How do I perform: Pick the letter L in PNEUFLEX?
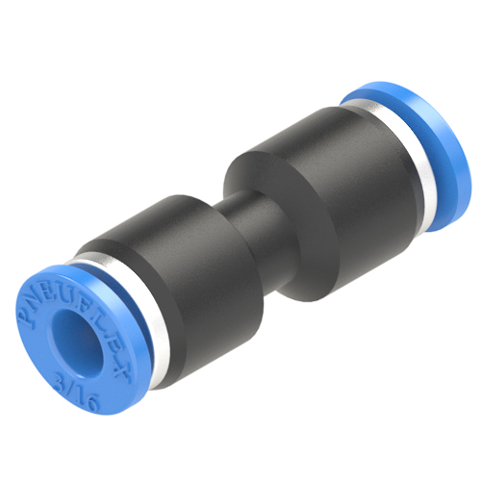[98, 323]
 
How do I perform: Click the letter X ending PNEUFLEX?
[121, 372]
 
